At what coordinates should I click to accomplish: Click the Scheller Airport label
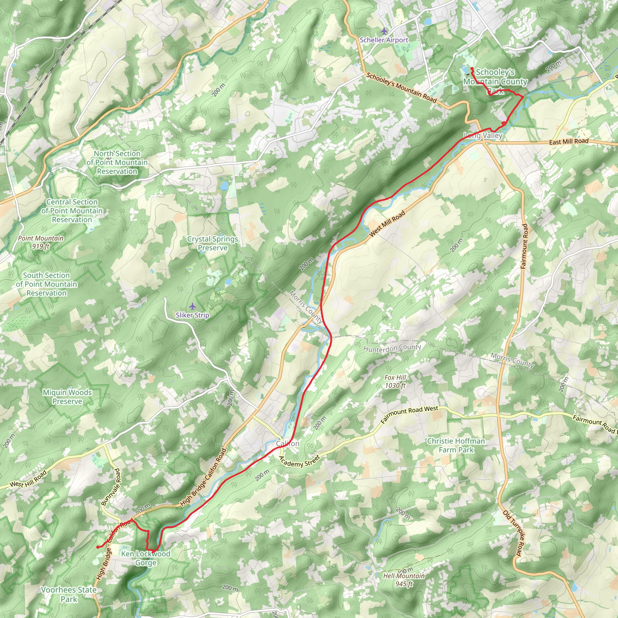click(x=384, y=40)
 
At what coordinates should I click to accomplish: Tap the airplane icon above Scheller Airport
click(x=384, y=31)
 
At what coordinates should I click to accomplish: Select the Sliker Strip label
click(x=192, y=315)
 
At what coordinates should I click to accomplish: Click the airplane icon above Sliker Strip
click(x=192, y=307)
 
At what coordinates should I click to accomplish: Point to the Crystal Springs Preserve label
click(x=213, y=244)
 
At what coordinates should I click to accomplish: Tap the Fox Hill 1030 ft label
click(x=395, y=381)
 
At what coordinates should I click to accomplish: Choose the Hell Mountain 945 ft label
click(x=404, y=580)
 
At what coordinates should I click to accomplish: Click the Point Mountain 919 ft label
click(x=41, y=242)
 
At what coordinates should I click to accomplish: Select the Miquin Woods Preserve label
click(x=67, y=397)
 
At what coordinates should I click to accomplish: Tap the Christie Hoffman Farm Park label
click(x=456, y=445)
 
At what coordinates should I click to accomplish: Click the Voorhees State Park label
click(x=69, y=594)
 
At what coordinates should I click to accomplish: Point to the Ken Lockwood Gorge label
click(x=146, y=558)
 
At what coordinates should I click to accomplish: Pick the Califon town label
click(x=288, y=444)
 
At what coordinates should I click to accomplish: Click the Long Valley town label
click(x=483, y=135)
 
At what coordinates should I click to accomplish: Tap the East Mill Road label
click(x=569, y=142)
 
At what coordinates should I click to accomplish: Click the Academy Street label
click(x=299, y=461)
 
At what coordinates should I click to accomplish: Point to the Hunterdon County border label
click(x=392, y=348)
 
